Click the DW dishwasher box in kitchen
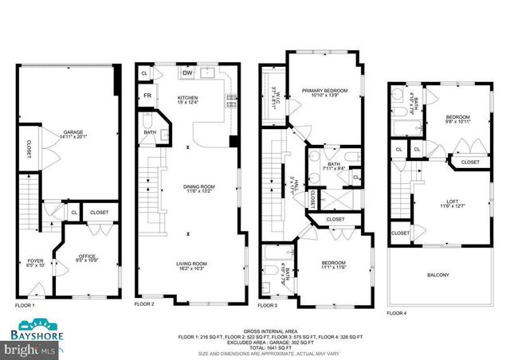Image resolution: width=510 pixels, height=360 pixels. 188,73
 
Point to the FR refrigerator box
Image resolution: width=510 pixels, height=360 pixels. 147,96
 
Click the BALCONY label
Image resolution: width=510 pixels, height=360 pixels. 438,276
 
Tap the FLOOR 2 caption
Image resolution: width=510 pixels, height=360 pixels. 144,304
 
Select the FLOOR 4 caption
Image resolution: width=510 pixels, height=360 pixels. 396,313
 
